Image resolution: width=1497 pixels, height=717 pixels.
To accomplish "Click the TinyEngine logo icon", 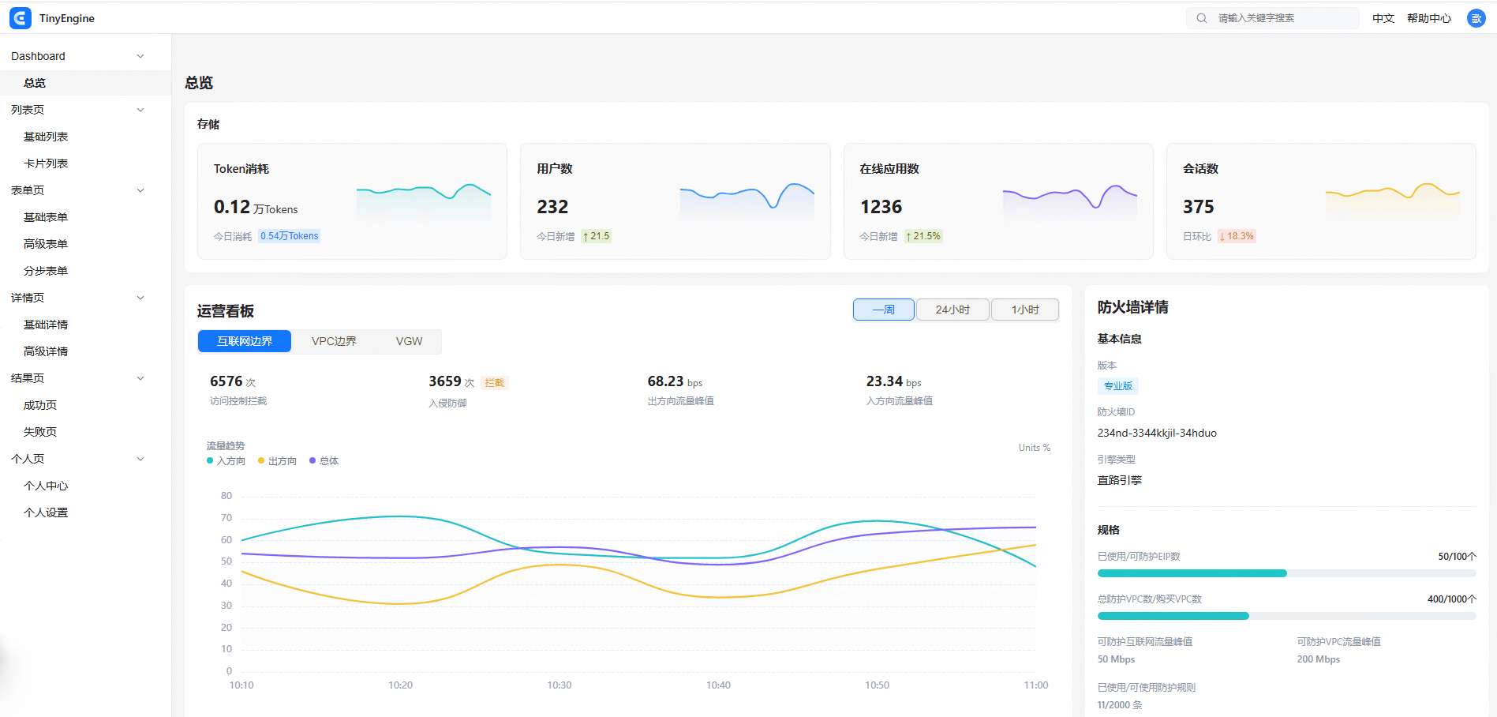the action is pyautogui.click(x=21, y=18).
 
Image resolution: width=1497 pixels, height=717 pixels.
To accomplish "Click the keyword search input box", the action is pyautogui.click(x=1272, y=18).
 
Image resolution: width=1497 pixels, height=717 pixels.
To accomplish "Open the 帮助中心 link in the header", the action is pyautogui.click(x=1428, y=18).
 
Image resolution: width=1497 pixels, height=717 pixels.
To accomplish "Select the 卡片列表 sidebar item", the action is pyautogui.click(x=46, y=163).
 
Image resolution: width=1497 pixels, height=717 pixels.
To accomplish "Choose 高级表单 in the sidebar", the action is pyautogui.click(x=46, y=244).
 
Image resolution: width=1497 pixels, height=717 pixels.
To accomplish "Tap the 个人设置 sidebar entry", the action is pyautogui.click(x=46, y=512).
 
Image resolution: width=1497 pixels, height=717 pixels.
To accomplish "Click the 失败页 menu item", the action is pyautogui.click(x=40, y=432).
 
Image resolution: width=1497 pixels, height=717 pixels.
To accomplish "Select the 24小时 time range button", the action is pyautogui.click(x=952, y=310).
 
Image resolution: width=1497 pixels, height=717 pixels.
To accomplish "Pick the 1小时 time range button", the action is pyautogui.click(x=1025, y=310).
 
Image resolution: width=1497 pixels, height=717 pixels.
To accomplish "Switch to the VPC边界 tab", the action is pyautogui.click(x=334, y=341).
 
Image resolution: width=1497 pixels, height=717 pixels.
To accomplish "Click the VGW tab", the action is pyautogui.click(x=409, y=341).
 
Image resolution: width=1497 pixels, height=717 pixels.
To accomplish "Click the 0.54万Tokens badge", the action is pyautogui.click(x=290, y=236).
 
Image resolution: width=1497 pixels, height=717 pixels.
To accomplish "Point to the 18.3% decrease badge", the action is pyautogui.click(x=1237, y=236).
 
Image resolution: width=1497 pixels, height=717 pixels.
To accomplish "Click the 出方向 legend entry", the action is pyautogui.click(x=277, y=461).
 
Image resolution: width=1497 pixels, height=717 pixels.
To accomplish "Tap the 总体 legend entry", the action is pyautogui.click(x=324, y=461).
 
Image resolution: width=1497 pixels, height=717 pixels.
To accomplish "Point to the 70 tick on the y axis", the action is pyautogui.click(x=226, y=518).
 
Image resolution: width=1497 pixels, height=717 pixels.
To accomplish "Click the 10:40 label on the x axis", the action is pyautogui.click(x=718, y=685).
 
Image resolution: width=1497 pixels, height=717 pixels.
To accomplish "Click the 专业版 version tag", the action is pyautogui.click(x=1118, y=386).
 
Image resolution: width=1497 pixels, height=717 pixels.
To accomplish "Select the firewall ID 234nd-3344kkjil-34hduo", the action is pyautogui.click(x=1157, y=433).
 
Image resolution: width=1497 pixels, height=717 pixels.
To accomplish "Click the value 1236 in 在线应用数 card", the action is pyautogui.click(x=881, y=207).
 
